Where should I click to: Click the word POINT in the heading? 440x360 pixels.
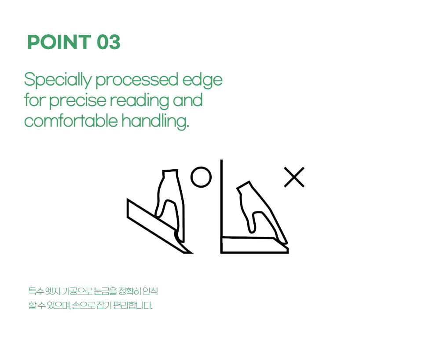[x=59, y=42]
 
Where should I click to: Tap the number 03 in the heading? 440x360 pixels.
[x=109, y=42]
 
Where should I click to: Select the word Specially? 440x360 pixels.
[x=58, y=80]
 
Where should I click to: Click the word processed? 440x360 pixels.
[x=137, y=80]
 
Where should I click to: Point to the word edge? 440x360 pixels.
[x=202, y=80]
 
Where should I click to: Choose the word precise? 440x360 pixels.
[x=78, y=101]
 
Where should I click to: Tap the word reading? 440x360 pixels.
[x=139, y=101]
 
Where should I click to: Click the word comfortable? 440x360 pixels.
[x=71, y=121]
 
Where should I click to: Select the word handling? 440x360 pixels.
[x=155, y=121]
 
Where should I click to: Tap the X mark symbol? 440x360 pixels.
[x=294, y=177]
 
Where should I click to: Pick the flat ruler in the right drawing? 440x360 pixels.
[x=254, y=245]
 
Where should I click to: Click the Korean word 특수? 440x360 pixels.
[x=36, y=291]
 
